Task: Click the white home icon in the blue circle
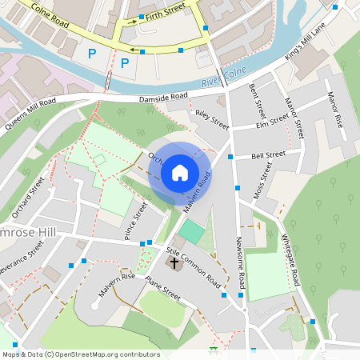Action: pos(180,172)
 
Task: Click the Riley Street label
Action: pos(212,121)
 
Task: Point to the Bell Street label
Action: pos(268,154)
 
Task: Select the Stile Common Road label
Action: pos(194,267)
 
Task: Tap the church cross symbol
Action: pos(174,262)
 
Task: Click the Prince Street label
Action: pos(136,221)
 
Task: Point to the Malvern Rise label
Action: pos(117,285)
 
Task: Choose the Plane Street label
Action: pos(163,287)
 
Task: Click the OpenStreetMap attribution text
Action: pos(80,354)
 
